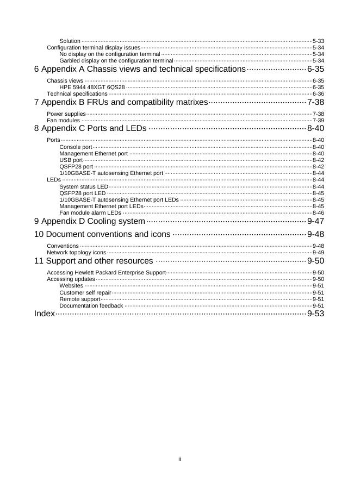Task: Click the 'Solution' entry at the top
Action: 70,41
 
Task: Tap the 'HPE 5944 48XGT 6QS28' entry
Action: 92,87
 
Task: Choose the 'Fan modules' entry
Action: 64,120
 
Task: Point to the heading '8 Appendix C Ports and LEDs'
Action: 90,129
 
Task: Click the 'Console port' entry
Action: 76,147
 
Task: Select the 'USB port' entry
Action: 71,160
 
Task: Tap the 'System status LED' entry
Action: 84,186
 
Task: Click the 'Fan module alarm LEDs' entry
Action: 90,213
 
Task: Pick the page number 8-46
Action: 318,213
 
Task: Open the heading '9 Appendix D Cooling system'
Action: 90,222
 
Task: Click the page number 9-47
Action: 315,222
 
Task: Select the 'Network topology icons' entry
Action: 77,253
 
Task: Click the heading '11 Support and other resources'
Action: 94,261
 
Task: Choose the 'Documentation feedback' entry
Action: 91,305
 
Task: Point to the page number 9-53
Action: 315,314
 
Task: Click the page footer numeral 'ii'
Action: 179,459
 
